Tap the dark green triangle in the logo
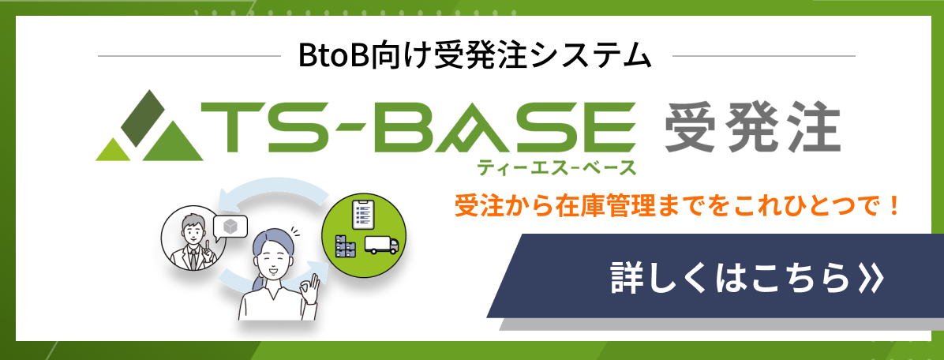pos(148,117)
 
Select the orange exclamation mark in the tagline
pos(893,207)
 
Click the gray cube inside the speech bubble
pos(230,226)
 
